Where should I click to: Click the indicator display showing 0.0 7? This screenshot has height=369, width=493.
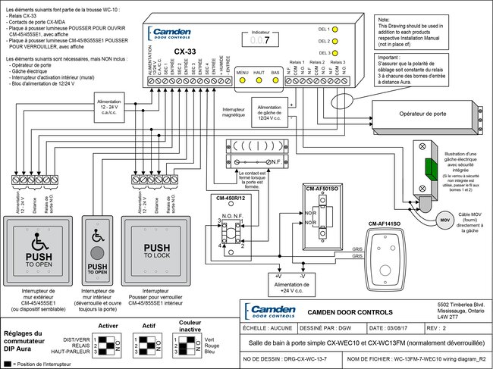pos(261,42)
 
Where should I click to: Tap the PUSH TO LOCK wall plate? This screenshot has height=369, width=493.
pos(156,242)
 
